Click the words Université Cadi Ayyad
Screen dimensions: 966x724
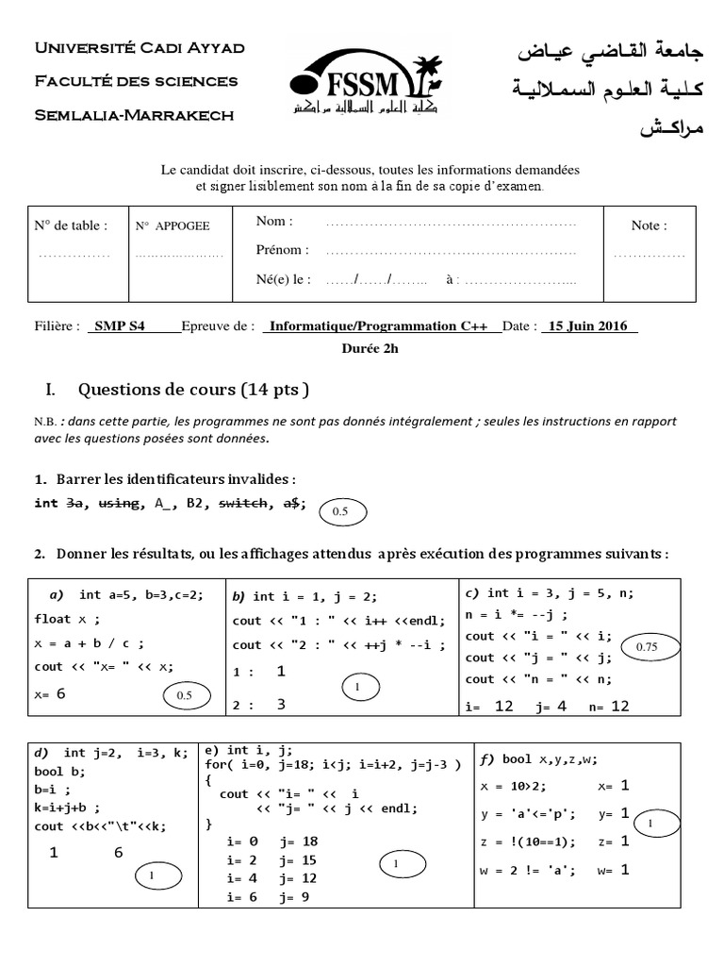(139, 47)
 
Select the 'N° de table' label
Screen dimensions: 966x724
(71, 225)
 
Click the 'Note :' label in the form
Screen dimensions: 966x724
(649, 225)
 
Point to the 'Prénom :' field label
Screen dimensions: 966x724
(282, 250)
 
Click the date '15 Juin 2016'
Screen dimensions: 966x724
(590, 326)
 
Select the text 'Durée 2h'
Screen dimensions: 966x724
(370, 347)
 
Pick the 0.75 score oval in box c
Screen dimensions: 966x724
(647, 647)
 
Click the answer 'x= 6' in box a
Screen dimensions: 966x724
(50, 693)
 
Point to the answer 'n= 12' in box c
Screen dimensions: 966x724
(609, 706)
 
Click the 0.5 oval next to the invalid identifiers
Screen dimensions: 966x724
(340, 510)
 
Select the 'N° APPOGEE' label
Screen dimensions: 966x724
(173, 226)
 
